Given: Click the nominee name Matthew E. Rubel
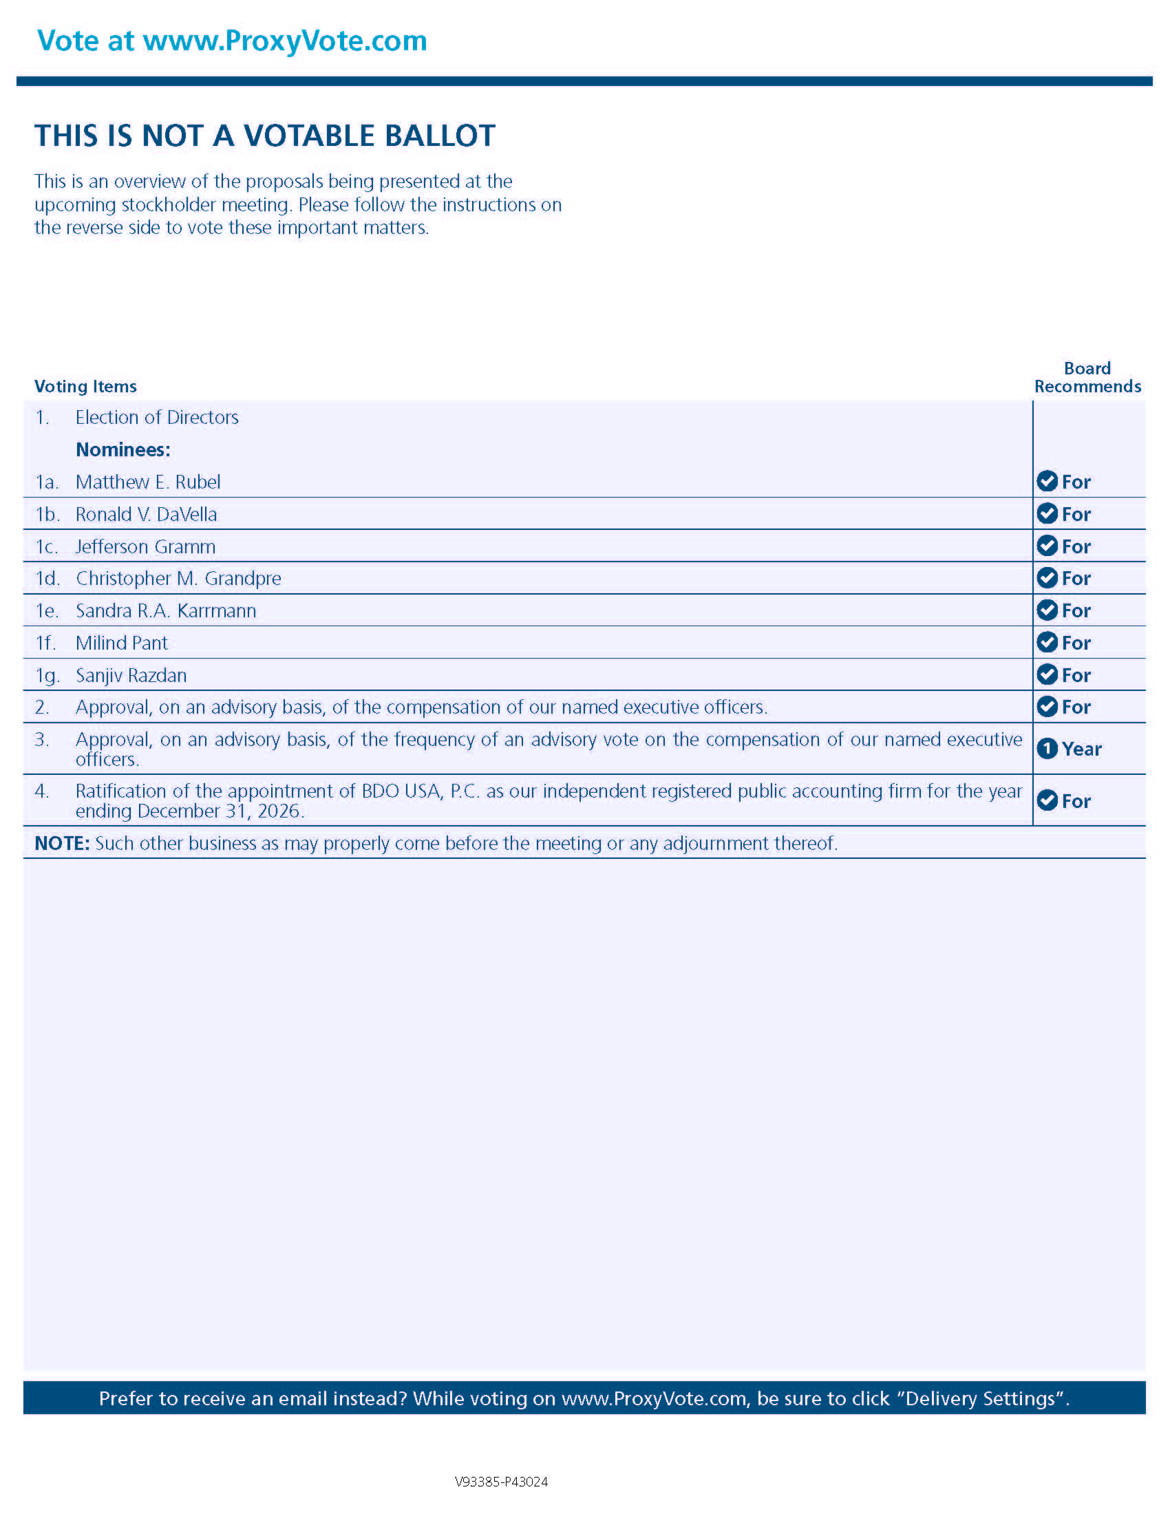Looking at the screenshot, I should tap(148, 482).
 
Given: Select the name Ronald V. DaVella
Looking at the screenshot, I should tap(145, 514).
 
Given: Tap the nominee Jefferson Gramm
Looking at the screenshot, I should tap(145, 546).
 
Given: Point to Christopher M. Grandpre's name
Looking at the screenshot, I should tap(178, 578).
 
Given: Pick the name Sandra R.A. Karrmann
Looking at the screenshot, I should tap(166, 610).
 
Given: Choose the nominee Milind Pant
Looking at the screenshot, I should tap(121, 643).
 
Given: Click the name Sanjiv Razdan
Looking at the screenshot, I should tap(131, 675).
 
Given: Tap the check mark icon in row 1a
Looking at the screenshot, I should tap(1047, 481).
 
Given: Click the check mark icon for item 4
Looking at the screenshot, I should tap(1047, 800).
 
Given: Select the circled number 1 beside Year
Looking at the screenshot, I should tap(1047, 749).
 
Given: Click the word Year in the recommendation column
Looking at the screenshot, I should tap(1081, 749).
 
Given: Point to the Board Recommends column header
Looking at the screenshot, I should tap(1087, 377).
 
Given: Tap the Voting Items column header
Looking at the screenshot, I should tap(85, 386).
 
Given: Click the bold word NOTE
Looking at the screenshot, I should tap(62, 843).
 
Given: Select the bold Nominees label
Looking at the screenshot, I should tap(123, 449).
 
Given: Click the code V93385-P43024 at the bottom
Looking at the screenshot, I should tap(501, 1482).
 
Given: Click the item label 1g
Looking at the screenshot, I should tap(47, 675).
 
